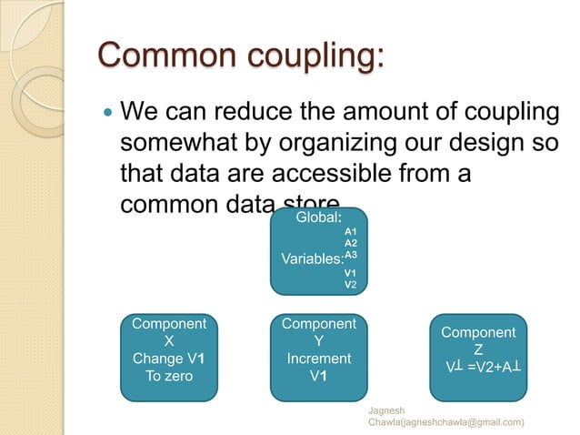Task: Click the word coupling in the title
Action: coord(306,57)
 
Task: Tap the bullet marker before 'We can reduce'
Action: coord(105,116)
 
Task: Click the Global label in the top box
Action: coord(318,218)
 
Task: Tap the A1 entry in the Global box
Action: coord(350,232)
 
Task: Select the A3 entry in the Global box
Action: coord(350,256)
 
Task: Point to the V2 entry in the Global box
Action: coord(350,284)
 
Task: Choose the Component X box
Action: coord(169,357)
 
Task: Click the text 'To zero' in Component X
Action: coord(169,375)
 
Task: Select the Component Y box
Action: coord(318,357)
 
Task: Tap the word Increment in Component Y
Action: coord(318,359)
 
